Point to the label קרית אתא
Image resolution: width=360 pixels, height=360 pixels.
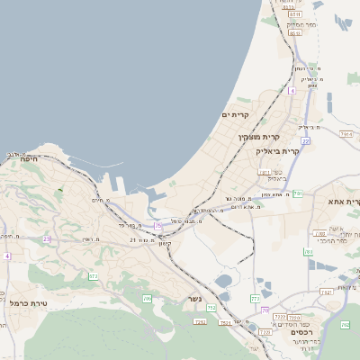(344, 202)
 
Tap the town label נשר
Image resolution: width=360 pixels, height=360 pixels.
(194, 300)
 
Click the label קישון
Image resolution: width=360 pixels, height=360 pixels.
(164, 243)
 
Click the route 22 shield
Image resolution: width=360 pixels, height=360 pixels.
(306, 141)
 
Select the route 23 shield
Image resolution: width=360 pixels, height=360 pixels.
(47, 238)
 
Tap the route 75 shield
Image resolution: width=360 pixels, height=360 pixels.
(159, 226)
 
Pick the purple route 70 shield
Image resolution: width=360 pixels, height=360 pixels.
(264, 310)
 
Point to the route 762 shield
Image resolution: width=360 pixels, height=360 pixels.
(326, 292)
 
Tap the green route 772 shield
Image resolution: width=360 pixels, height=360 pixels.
(256, 298)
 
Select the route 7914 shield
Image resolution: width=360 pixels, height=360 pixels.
(346, 134)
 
